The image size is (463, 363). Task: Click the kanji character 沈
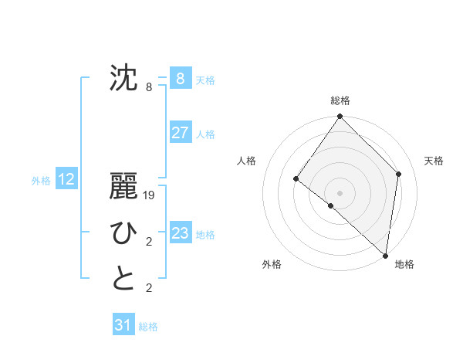pyautogui.click(x=123, y=78)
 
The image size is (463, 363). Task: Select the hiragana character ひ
pyautogui.click(x=123, y=232)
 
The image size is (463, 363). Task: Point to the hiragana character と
pyautogui.click(x=123, y=279)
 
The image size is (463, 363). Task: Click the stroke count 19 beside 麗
pyautogui.click(x=150, y=196)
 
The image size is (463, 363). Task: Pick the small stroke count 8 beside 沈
pyautogui.click(x=149, y=87)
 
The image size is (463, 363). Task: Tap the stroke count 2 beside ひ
pyautogui.click(x=149, y=243)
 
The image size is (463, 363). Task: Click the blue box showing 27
pyautogui.click(x=180, y=132)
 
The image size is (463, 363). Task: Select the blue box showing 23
pyautogui.click(x=180, y=232)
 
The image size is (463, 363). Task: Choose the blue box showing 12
pyautogui.click(x=66, y=179)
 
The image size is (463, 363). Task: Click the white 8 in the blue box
pyautogui.click(x=180, y=78)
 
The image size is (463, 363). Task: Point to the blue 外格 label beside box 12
pyautogui.click(x=41, y=181)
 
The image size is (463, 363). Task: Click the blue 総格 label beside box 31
pyautogui.click(x=148, y=327)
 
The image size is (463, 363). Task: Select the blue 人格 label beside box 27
pyautogui.click(x=205, y=134)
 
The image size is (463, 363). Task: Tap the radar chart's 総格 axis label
pyautogui.click(x=340, y=100)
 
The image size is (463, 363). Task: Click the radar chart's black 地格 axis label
pyautogui.click(x=404, y=264)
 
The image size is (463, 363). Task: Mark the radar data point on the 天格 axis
pyautogui.click(x=399, y=174)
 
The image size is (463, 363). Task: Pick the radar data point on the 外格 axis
pyautogui.click(x=330, y=205)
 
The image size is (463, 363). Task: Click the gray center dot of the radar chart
pyautogui.click(x=340, y=193)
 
